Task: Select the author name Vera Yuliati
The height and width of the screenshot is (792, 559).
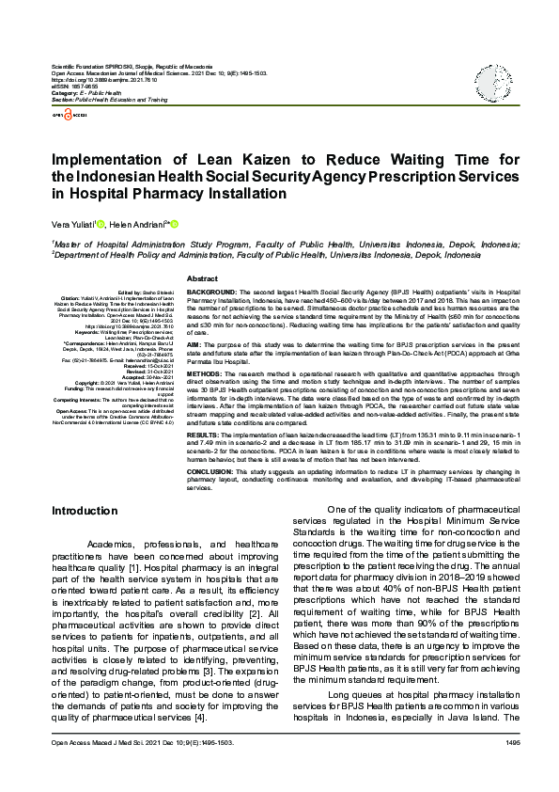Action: pyautogui.click(x=78, y=225)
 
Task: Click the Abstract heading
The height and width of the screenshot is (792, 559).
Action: pyautogui.click(x=203, y=279)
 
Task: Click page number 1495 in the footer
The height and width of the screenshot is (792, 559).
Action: pyautogui.click(x=512, y=769)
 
